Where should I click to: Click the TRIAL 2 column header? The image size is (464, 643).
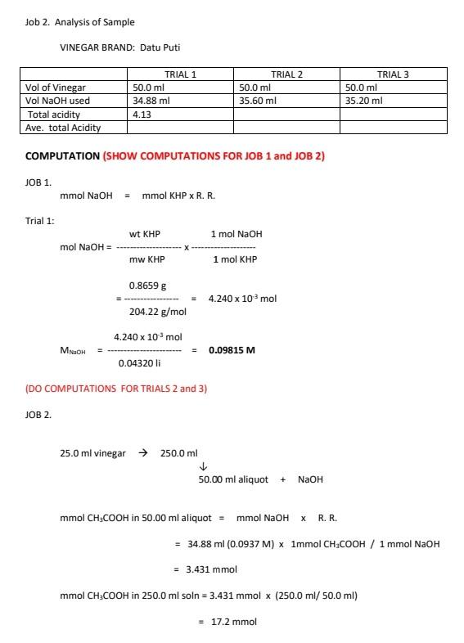point(286,74)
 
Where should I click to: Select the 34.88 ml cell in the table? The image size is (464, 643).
point(151,101)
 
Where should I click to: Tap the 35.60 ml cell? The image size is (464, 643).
point(256,101)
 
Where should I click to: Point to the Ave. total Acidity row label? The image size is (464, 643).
point(63,128)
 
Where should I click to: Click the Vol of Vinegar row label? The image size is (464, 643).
point(56,88)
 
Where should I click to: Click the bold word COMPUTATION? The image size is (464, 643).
point(62,155)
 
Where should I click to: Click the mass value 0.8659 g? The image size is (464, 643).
point(147,286)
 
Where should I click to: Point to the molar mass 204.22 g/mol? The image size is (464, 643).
point(158,312)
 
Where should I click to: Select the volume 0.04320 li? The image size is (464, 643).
point(138,363)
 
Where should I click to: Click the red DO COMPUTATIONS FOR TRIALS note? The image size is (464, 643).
point(115,389)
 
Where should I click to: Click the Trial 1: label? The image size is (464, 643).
point(40,220)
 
